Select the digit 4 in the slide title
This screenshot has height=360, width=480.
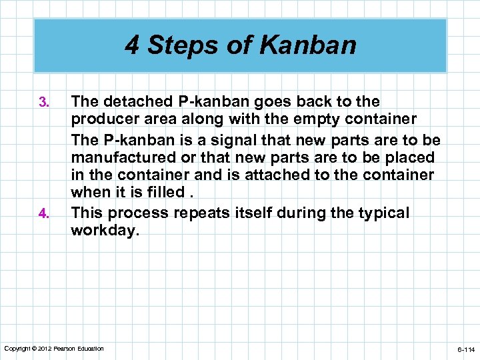click(132, 45)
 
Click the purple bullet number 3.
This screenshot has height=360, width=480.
click(44, 103)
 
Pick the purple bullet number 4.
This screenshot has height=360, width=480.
click(44, 214)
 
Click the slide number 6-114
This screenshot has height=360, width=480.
click(465, 349)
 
